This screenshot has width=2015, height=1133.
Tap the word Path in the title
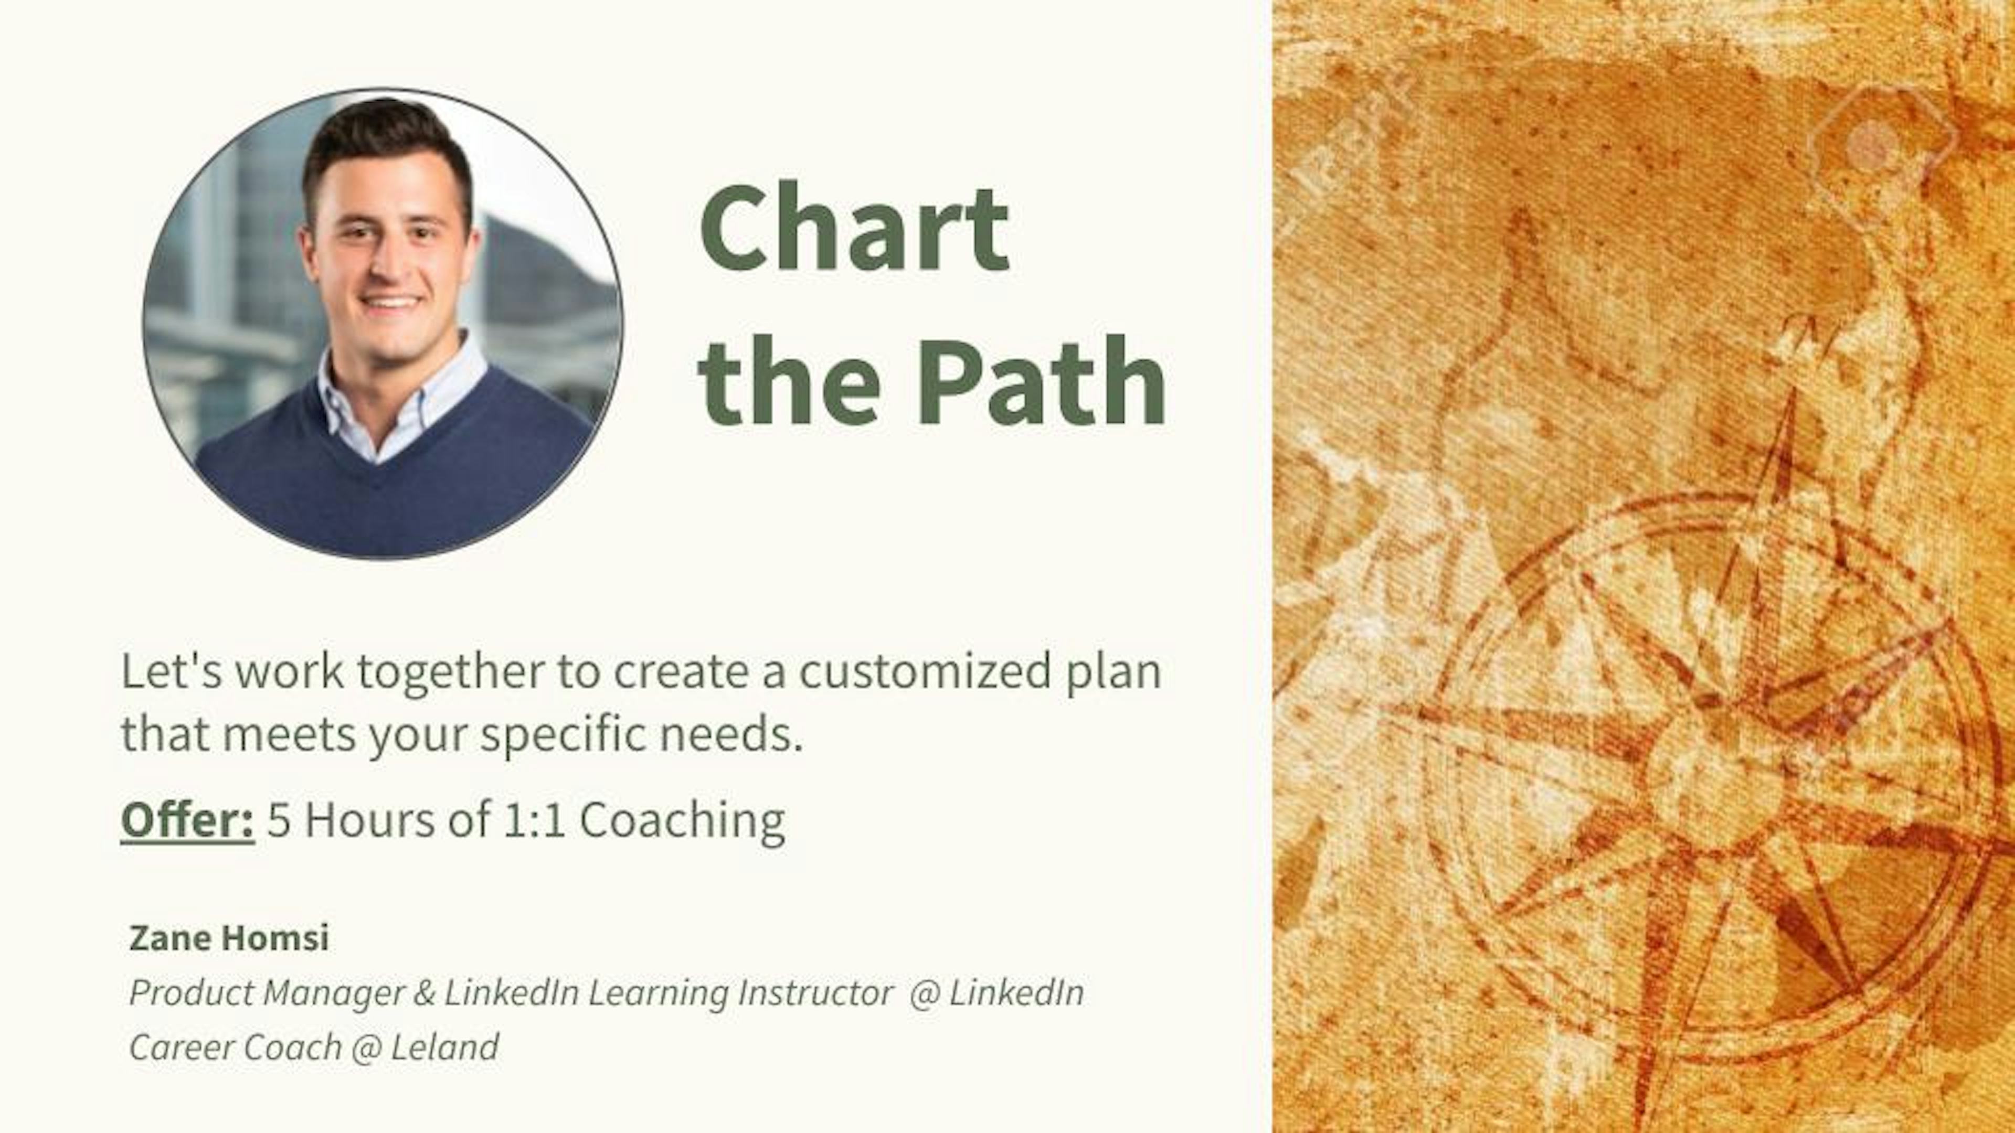pos(1041,380)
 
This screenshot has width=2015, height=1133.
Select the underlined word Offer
pos(187,819)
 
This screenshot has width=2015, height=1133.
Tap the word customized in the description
pos(925,671)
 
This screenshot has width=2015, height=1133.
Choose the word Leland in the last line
pos(444,1047)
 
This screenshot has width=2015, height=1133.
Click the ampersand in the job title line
pos(424,993)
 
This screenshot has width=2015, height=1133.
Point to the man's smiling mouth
pos(389,301)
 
